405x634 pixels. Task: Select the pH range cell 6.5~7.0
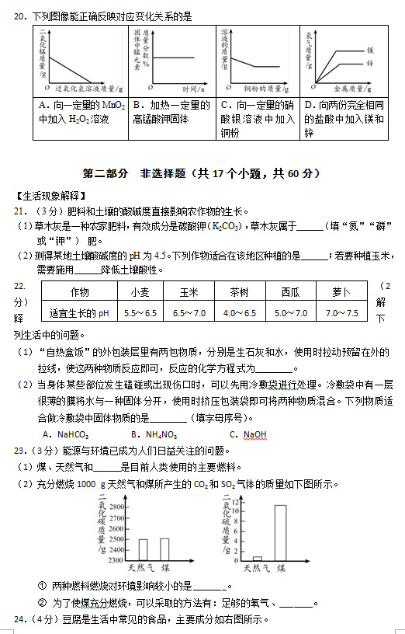click(x=189, y=313)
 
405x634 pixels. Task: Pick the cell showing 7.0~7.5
click(x=341, y=313)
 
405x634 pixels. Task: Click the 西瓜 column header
click(x=290, y=292)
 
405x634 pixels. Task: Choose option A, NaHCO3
click(x=65, y=434)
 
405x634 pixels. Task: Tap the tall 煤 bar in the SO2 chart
click(x=280, y=532)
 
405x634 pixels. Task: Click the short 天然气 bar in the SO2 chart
click(x=258, y=558)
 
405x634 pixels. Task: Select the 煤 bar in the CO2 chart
click(x=164, y=549)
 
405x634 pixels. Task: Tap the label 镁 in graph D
click(x=370, y=49)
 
